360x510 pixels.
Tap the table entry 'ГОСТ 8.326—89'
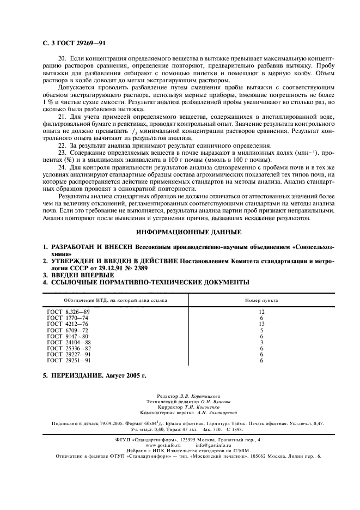[68, 311]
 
